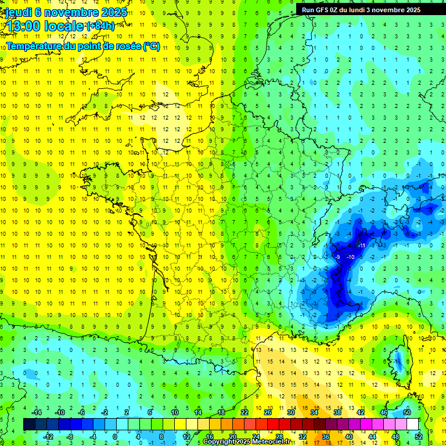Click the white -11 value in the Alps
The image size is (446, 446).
(x=361, y=246)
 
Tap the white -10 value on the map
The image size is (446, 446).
(x=350, y=257)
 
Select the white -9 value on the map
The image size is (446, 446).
(x=337, y=257)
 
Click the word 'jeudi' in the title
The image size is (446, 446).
(x=18, y=12)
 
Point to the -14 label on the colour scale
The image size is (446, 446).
(x=36, y=412)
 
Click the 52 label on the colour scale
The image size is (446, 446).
(x=418, y=436)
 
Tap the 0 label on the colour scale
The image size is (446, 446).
(x=114, y=436)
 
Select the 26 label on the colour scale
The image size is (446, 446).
(x=268, y=412)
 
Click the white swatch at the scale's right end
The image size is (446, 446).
(x=412, y=425)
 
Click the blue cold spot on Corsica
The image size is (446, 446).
(x=399, y=363)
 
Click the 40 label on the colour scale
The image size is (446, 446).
(x=348, y=436)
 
